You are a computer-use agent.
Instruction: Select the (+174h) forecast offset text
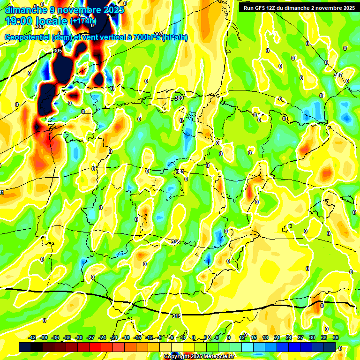pos(83,21)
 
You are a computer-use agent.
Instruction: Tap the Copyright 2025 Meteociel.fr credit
pos(199,357)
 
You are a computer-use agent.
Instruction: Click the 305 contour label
pos(58,51)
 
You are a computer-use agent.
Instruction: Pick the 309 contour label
pos(179,98)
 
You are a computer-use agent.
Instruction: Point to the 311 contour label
pos(180,172)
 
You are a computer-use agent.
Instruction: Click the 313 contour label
pos(175,242)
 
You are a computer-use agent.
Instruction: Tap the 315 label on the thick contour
pos(176,316)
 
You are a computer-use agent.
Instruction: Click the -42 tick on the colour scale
pos(32,337)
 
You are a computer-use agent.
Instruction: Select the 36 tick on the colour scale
pos(336,337)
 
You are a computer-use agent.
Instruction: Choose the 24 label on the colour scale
pos(289,337)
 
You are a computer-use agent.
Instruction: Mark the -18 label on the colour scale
pos(126,337)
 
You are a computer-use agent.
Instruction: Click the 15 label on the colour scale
pos(254,337)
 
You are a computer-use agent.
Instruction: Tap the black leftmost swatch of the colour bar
pos(25,347)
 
